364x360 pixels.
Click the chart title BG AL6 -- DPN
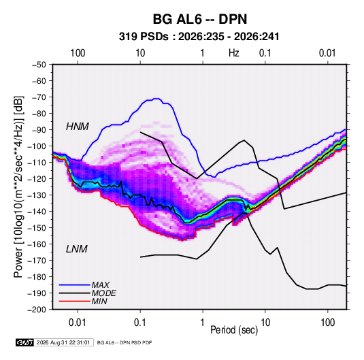point(200,19)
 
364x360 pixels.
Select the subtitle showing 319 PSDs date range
point(199,37)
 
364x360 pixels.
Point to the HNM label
point(78,127)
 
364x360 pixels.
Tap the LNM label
point(77,249)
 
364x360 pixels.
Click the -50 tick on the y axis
point(39,65)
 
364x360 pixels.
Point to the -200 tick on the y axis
point(37,310)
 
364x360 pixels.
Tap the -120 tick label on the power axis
point(37,179)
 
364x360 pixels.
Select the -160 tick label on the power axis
point(37,244)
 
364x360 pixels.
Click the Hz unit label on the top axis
point(234,53)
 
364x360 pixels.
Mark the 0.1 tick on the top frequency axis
point(265,53)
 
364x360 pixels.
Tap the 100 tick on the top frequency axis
point(78,53)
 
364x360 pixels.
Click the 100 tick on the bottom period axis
point(327,323)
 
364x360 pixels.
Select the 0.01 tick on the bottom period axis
point(78,323)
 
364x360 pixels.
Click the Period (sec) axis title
point(234,330)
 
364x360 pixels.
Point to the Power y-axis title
point(19,186)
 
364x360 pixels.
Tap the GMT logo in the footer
point(25,342)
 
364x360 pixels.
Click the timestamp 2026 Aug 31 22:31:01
point(63,342)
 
